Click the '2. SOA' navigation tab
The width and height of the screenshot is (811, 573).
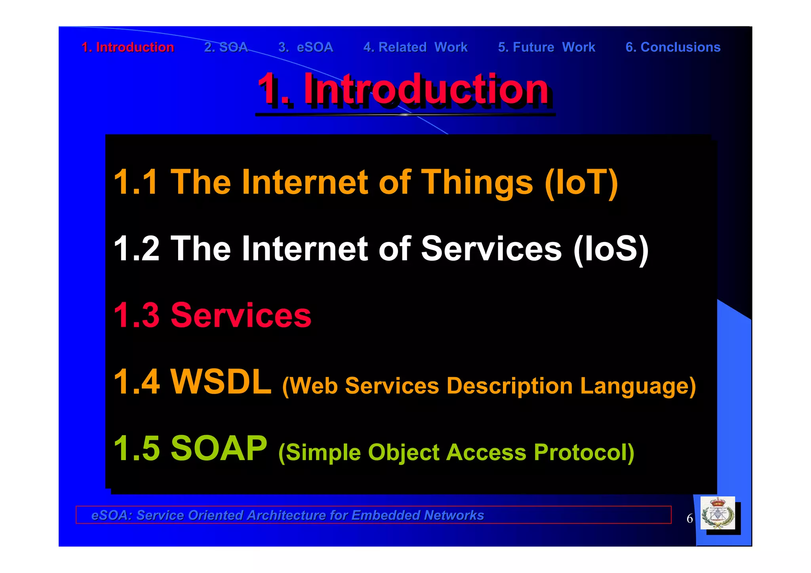tap(226, 47)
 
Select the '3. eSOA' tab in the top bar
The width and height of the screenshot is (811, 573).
tap(306, 47)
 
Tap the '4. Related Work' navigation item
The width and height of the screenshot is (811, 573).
tap(415, 47)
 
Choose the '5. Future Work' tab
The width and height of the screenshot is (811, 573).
tap(546, 47)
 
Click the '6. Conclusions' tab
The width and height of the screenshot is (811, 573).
tap(672, 47)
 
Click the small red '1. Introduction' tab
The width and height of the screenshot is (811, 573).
tap(128, 47)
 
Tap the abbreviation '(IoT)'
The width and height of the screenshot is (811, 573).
tap(581, 183)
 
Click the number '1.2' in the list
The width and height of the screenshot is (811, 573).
tap(136, 249)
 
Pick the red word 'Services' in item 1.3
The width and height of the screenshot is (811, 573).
tap(241, 315)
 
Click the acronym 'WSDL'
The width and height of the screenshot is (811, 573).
tap(221, 382)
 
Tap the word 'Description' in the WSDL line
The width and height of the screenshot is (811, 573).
tap(509, 386)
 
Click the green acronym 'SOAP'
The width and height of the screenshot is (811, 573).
tap(219, 448)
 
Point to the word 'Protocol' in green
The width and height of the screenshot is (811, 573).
tap(580, 452)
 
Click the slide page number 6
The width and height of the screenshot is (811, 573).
tap(689, 519)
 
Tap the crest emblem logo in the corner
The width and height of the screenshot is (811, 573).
tap(718, 513)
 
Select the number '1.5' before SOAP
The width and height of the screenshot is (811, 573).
tap(136, 449)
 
